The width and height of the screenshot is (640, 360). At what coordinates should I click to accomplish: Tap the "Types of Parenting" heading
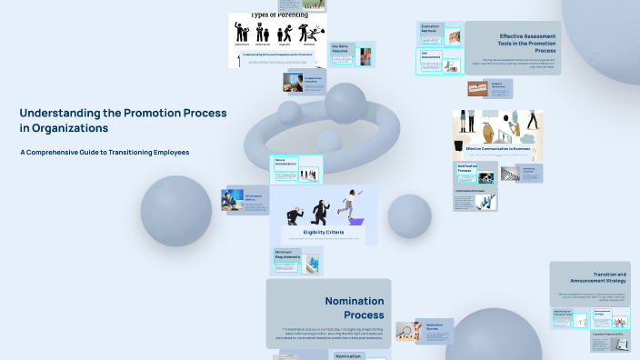click(277, 15)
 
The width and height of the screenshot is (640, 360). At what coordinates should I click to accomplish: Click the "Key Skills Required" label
click(341, 48)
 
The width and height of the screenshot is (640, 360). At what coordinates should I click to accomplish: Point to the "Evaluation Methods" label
click(430, 29)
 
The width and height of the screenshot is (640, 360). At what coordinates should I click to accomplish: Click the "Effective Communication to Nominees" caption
click(498, 148)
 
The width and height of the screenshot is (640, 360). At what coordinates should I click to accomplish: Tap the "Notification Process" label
click(467, 169)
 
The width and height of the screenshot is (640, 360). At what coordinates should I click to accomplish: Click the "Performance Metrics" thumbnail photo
click(233, 200)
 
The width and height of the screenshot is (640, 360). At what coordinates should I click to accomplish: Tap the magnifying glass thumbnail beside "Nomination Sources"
click(406, 333)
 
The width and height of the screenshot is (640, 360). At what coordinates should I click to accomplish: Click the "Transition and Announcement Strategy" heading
click(597, 277)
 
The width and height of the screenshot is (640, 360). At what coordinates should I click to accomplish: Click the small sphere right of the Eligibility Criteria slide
click(409, 215)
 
